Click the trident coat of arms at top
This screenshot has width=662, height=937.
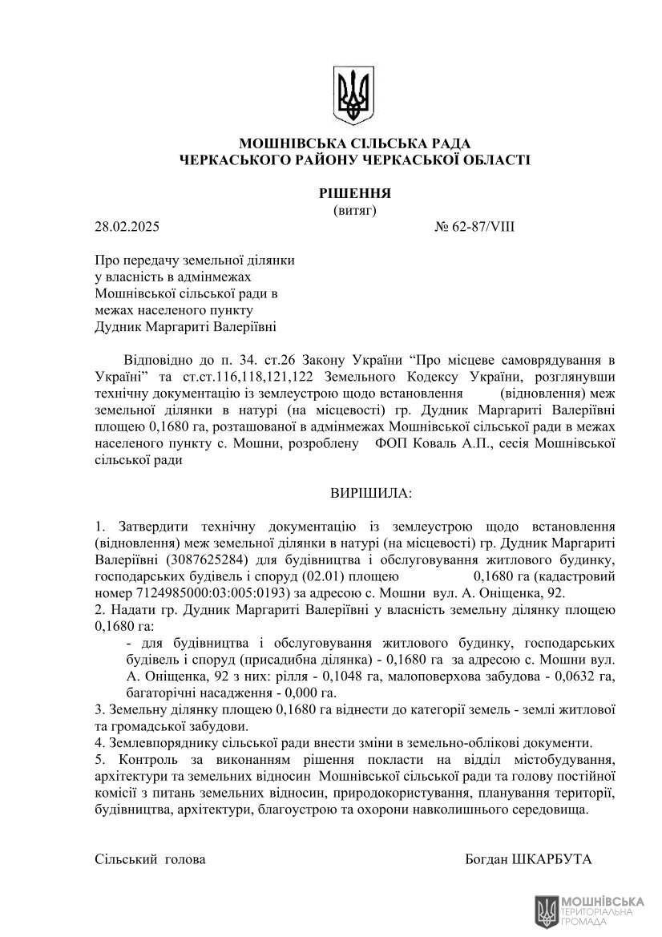[353, 96]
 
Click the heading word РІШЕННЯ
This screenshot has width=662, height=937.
[353, 193]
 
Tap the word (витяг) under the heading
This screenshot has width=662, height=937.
[353, 210]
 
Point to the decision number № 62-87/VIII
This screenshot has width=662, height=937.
[474, 227]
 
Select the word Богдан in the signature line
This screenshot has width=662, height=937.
[486, 858]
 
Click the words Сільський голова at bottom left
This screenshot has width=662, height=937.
[150, 858]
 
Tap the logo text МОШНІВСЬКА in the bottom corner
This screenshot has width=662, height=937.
[603, 901]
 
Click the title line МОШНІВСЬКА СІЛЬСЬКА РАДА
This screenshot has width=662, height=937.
[353, 143]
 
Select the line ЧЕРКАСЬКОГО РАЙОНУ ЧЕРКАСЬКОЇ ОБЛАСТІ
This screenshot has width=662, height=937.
[353, 160]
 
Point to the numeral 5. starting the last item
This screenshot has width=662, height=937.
[99, 759]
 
